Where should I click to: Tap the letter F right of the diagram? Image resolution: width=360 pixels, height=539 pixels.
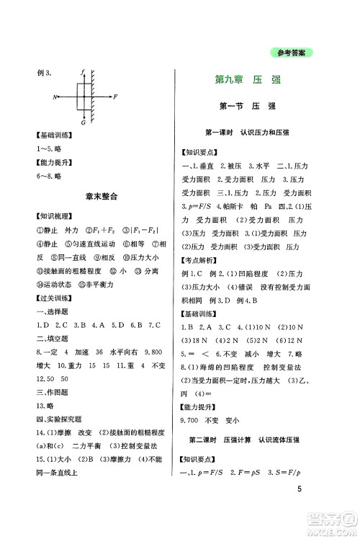pos(115,96)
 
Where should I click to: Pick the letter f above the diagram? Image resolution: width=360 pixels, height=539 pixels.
pos(84,71)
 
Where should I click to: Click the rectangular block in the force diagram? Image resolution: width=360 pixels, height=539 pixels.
pos(83,96)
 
